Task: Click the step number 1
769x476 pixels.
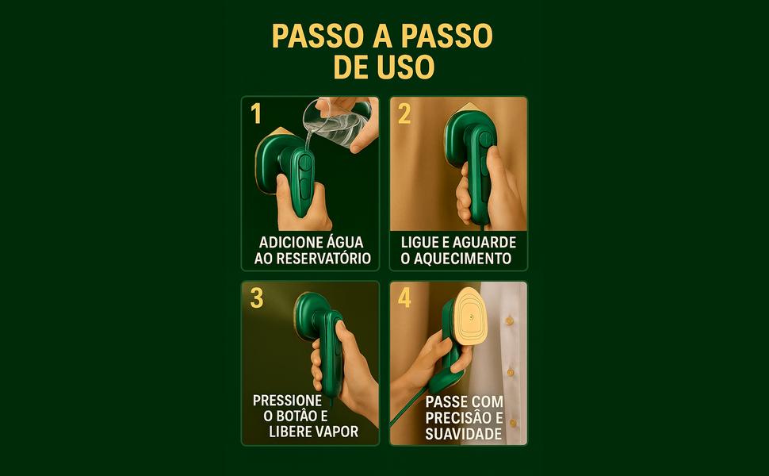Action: point(256,114)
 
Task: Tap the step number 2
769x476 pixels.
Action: point(404,114)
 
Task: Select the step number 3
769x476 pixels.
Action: point(256,298)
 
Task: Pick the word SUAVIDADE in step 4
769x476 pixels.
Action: point(464,434)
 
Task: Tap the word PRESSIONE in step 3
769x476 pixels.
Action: point(287,401)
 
